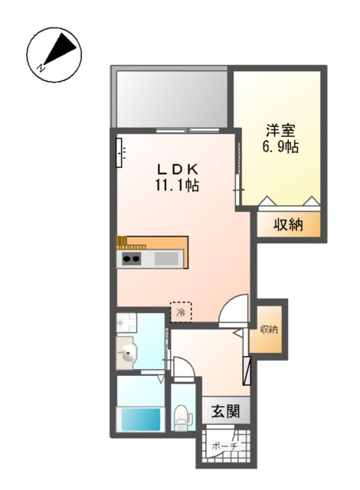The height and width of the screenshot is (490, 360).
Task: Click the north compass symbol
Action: tap(53, 54)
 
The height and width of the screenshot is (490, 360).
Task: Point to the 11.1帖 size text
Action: tap(178, 185)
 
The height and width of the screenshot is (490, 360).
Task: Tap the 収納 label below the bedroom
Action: tap(289, 224)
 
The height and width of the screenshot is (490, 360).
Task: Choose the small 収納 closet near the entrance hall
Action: tap(268, 329)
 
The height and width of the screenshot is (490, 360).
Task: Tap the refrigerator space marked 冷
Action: tap(181, 312)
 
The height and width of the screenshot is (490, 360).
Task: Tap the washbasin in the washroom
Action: tap(129, 354)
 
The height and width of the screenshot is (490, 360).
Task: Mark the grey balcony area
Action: tap(170, 97)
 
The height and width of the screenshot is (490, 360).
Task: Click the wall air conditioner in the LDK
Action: tap(121, 152)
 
